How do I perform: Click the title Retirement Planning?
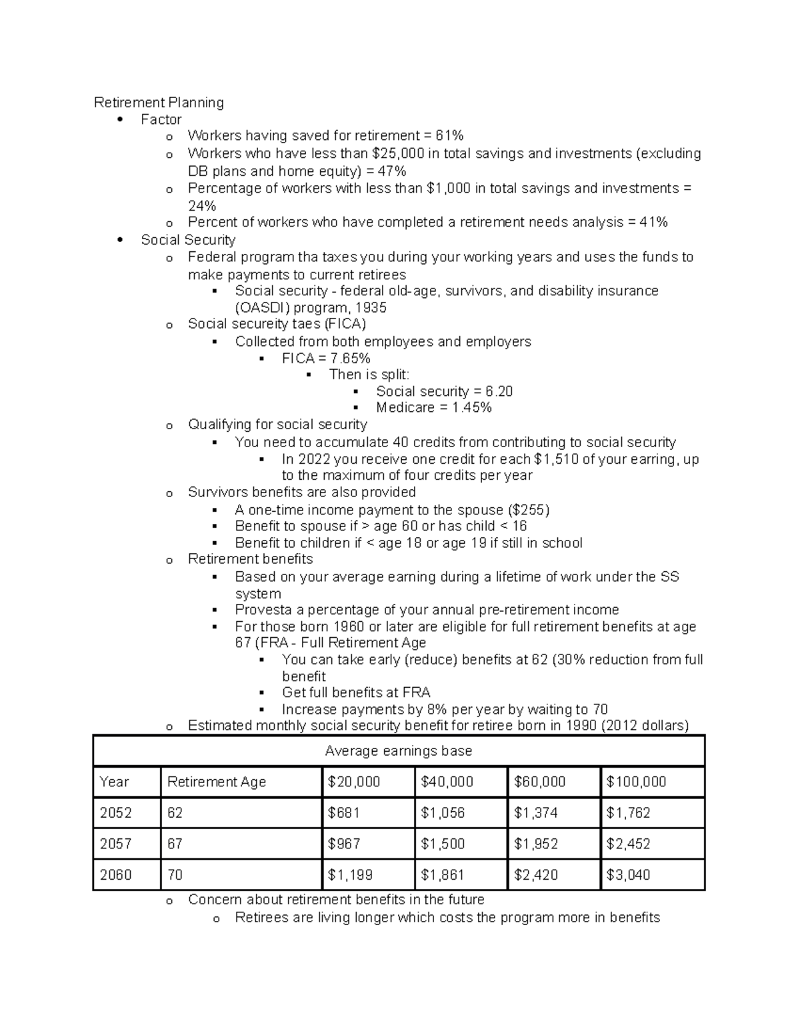coord(159,103)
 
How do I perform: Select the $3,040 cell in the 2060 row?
coord(627,875)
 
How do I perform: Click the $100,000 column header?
coord(636,782)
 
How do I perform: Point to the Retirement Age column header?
coord(216,782)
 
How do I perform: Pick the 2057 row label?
coord(115,844)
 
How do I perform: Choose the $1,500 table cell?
coord(442,844)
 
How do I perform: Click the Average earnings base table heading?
coord(398,751)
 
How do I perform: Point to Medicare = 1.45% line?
coord(433,408)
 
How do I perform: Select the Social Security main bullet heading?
coord(188,240)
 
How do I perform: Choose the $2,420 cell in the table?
coord(535,875)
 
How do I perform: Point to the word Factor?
coord(161,119)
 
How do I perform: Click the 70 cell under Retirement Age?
coord(175,875)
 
